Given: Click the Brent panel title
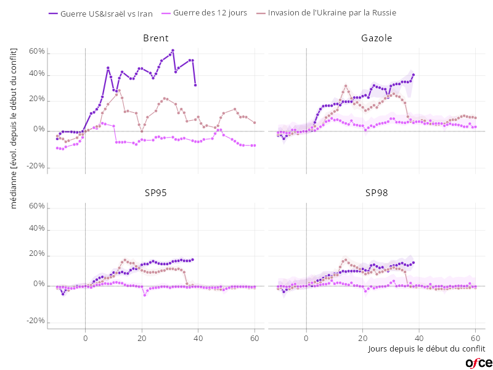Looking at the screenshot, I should [155, 38].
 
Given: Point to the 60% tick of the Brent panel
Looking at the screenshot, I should [36, 52].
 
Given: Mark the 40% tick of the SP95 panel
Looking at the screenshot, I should [36, 228].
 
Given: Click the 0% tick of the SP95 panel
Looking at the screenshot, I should [38, 286].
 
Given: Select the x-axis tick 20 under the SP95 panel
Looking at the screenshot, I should [142, 338].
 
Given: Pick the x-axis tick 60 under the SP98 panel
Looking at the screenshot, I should [476, 338].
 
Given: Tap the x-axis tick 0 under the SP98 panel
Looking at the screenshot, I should [306, 338].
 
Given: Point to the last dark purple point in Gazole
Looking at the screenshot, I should [414, 75].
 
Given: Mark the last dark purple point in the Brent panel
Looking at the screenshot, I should [195, 85].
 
